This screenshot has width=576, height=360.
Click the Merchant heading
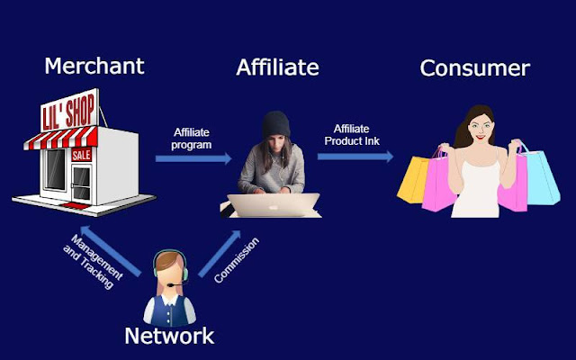(94, 67)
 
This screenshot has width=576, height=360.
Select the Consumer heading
(474, 67)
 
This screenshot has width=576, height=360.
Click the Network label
(169, 337)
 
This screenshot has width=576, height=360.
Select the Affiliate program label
(192, 138)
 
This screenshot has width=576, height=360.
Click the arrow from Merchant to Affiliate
(193, 159)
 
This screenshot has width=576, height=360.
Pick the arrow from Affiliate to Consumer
(355, 156)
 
